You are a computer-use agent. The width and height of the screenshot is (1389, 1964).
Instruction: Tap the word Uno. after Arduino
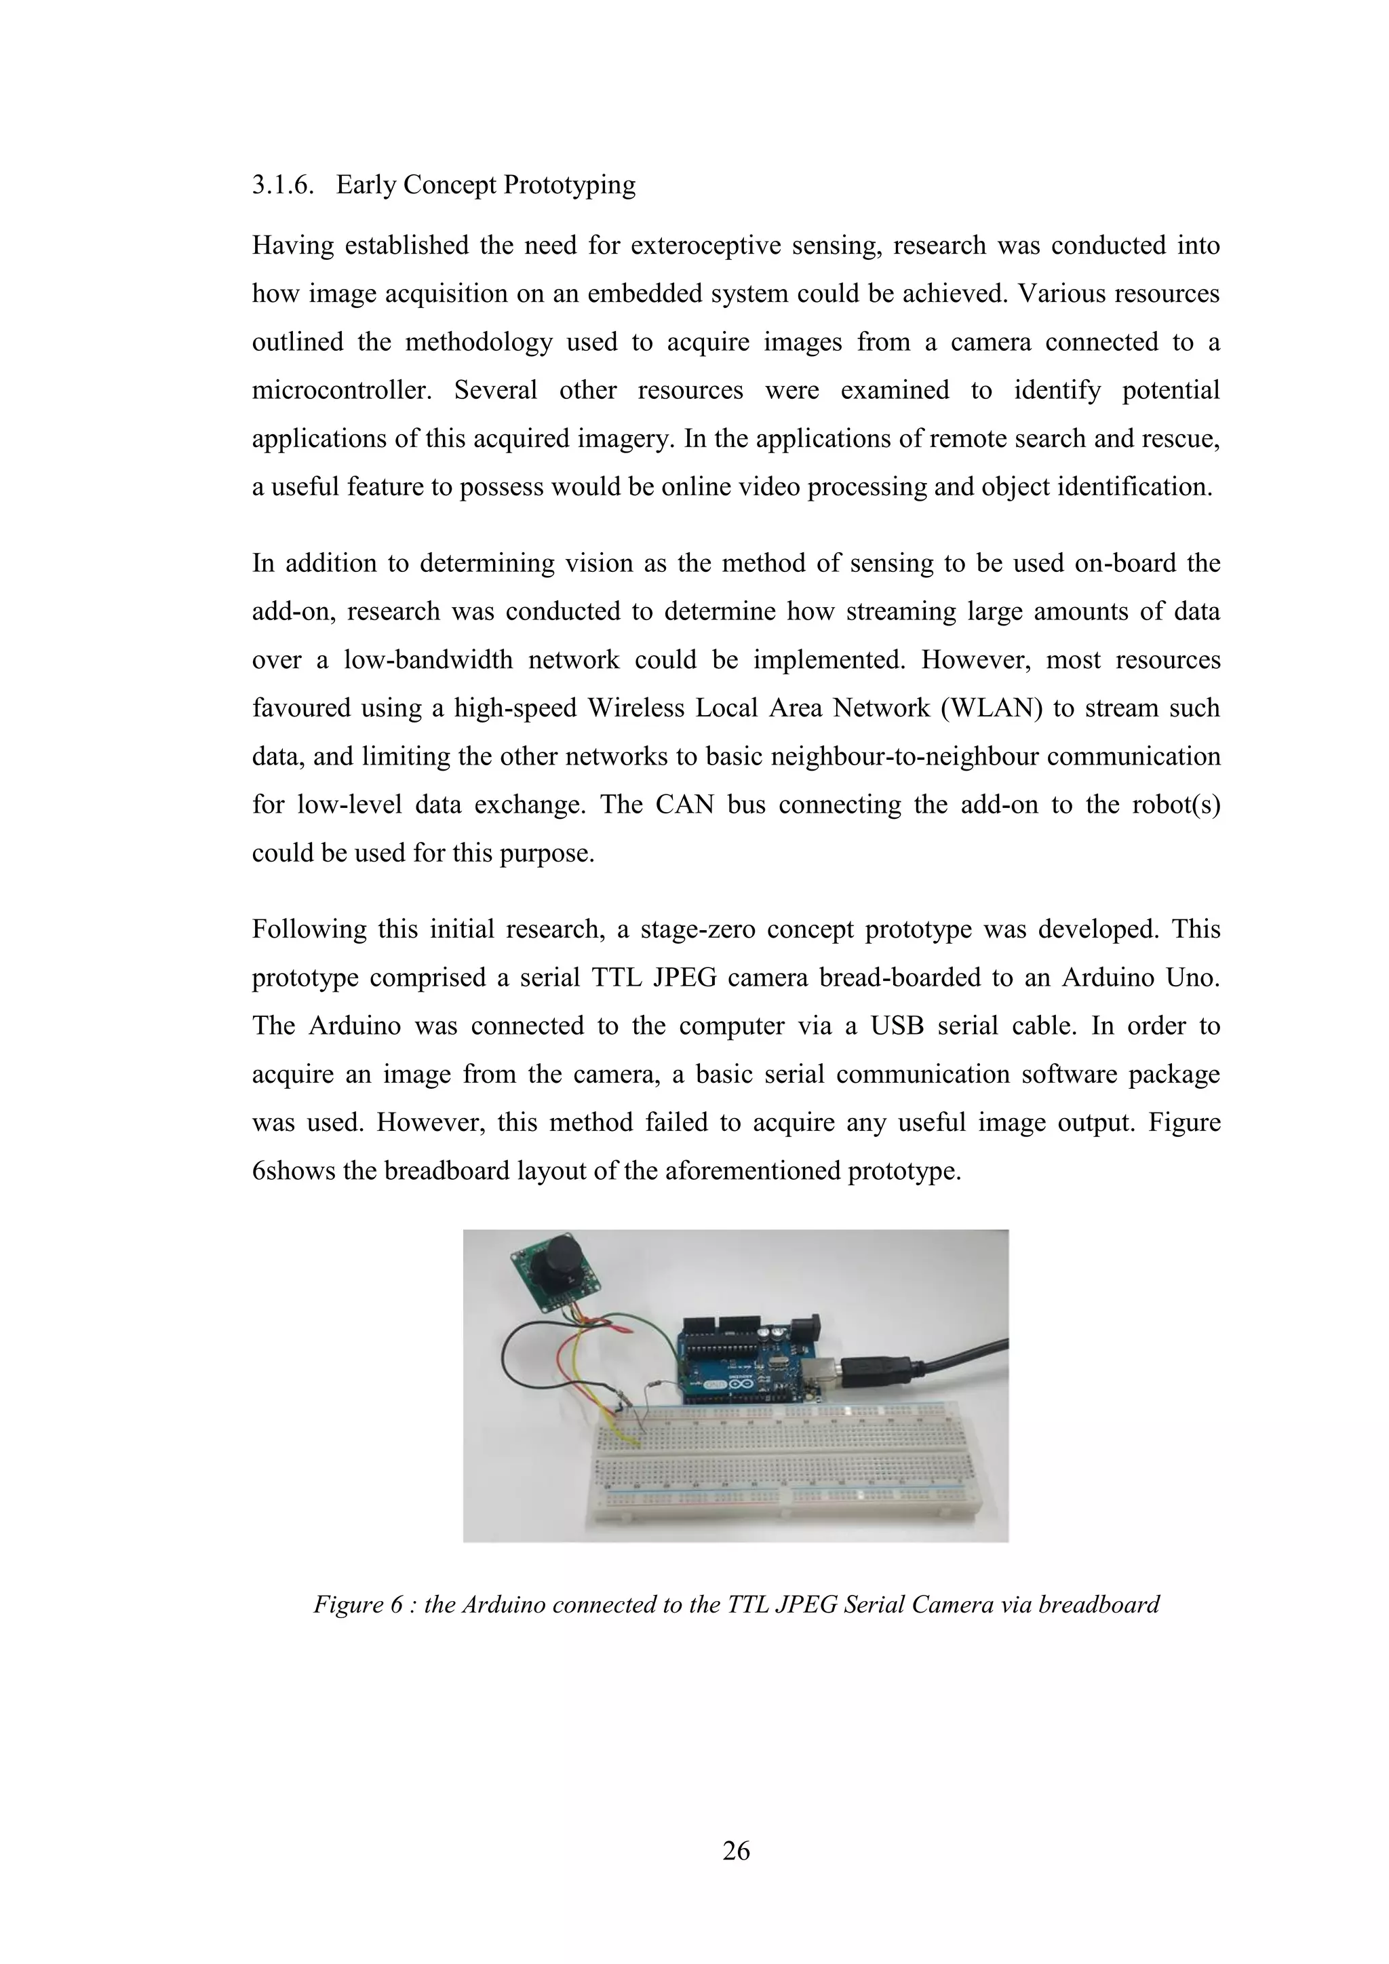click(1193, 978)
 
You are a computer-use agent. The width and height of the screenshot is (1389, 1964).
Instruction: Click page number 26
click(736, 1851)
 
